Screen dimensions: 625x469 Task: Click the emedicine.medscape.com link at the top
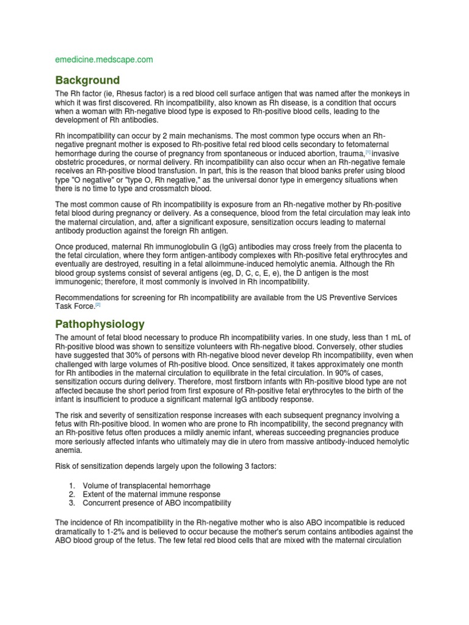point(104,60)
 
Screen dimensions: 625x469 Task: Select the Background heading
point(87,81)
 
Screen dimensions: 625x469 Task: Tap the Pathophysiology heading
point(101,323)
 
